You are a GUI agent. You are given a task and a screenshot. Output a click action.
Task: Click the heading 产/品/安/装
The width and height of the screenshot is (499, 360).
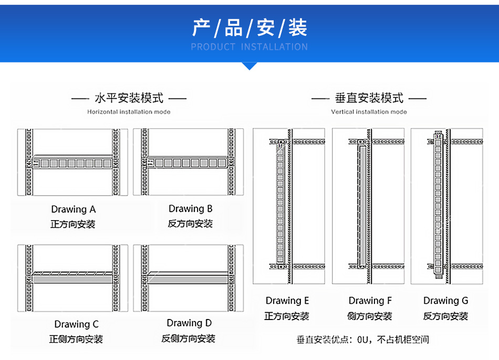[x=250, y=28]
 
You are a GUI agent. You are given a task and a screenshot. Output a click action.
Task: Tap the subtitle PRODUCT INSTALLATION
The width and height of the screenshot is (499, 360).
[x=250, y=47]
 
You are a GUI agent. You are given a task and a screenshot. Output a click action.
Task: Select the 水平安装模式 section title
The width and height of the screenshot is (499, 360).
[x=129, y=98]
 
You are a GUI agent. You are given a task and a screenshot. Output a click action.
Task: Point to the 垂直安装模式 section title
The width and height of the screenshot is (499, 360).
[x=369, y=98]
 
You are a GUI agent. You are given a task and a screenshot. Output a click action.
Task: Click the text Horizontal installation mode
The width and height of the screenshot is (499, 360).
[x=129, y=112]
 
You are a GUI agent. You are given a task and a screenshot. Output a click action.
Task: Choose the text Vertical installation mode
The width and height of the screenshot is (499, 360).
[x=369, y=112]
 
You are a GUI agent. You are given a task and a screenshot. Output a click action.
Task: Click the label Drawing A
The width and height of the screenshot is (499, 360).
[x=74, y=210]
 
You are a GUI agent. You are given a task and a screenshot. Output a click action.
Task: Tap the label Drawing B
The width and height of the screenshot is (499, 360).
[x=190, y=209]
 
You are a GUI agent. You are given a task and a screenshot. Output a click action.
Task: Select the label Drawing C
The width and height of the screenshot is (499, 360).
[x=76, y=324]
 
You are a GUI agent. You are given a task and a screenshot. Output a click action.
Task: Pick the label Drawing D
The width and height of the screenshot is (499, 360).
[x=189, y=323]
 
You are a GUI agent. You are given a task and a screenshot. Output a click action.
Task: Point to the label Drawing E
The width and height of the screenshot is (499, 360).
[x=287, y=301]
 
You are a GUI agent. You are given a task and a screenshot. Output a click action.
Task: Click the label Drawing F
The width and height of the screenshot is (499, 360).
[x=370, y=301]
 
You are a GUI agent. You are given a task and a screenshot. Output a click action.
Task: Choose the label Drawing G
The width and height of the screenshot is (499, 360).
[x=445, y=301]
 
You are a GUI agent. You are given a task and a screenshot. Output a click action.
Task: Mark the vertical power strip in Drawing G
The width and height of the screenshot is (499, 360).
[x=438, y=205]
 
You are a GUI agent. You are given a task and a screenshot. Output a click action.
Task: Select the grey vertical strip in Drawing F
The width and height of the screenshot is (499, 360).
[x=362, y=205]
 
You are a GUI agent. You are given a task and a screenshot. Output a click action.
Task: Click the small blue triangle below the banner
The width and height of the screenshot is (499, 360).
[x=250, y=66]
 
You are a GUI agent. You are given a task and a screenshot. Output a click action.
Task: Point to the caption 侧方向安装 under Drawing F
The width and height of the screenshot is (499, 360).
[x=369, y=316]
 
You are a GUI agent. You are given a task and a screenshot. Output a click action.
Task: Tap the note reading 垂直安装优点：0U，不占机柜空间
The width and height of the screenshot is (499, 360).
[x=363, y=340]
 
